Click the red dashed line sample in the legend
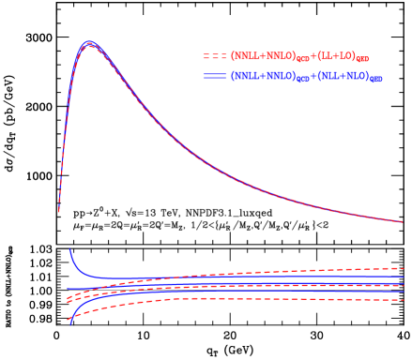tap(215, 56)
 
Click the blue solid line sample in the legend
tap(215, 76)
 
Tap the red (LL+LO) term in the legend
tap(343, 56)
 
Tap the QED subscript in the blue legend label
tap(375, 80)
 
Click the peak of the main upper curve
tap(89, 43)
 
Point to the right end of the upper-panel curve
tap(403, 222)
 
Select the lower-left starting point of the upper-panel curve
tap(59, 212)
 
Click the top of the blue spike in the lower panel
tap(69, 249)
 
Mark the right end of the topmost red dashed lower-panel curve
tap(404, 268)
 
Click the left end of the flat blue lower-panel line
tap(68, 289)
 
